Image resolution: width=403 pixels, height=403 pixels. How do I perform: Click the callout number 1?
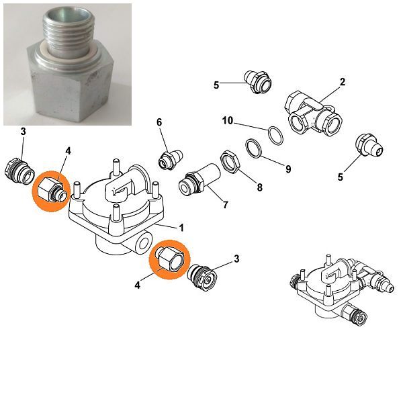pos(181,228)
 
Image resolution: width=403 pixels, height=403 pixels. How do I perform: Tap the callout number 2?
pos(342,82)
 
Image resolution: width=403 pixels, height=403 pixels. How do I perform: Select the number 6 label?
pos(159,123)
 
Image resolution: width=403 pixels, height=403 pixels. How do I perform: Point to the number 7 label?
pos(226,205)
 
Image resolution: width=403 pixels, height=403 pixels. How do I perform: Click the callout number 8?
pos(260,187)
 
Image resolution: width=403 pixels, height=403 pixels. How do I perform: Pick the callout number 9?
pos(288,169)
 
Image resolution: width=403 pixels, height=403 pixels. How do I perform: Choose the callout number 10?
pos(228,120)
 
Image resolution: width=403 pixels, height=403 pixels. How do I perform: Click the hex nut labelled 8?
pos(230,162)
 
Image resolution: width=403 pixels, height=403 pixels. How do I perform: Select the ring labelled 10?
pos(276,136)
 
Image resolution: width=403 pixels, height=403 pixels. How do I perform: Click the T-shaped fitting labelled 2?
pos(313,113)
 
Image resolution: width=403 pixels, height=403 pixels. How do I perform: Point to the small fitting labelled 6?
pos(170,160)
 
